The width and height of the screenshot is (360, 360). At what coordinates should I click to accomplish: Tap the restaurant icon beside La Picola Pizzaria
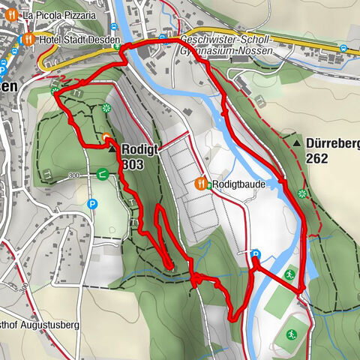tap(13, 15)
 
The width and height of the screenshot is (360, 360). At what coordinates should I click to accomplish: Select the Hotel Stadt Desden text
tap(82, 40)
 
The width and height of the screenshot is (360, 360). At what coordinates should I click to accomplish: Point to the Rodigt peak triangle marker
tap(112, 150)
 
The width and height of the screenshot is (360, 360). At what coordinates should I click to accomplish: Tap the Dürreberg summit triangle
tap(298, 143)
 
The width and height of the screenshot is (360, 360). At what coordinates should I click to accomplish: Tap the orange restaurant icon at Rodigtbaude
tap(201, 183)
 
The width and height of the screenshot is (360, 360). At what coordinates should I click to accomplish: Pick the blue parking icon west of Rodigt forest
tap(92, 203)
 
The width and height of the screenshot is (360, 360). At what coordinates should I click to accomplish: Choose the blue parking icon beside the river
tap(256, 254)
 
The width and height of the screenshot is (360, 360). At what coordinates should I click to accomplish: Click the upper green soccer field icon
tap(290, 274)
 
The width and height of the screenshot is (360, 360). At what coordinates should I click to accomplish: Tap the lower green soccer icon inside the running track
tap(290, 334)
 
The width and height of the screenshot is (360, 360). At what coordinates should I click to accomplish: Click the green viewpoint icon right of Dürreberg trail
tap(302, 194)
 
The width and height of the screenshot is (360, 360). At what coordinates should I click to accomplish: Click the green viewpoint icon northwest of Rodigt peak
tap(106, 109)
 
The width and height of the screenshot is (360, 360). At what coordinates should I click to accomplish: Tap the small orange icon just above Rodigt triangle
tap(106, 137)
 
